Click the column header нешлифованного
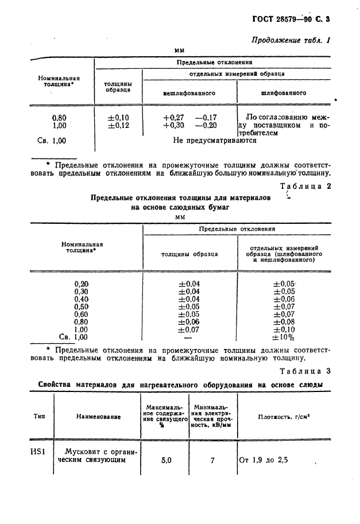pyautogui.click(x=189, y=92)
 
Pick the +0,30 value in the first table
pyautogui.click(x=173, y=125)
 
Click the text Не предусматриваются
pyautogui.click(x=215, y=139)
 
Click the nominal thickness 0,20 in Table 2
pyautogui.click(x=82, y=284)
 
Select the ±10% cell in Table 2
pyautogui.click(x=284, y=337)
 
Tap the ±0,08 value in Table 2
pyautogui.click(x=284, y=322)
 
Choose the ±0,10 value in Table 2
pyautogui.click(x=284, y=329)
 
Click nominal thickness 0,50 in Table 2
pyautogui.click(x=82, y=306)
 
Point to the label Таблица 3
pyautogui.click(x=305, y=371)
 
